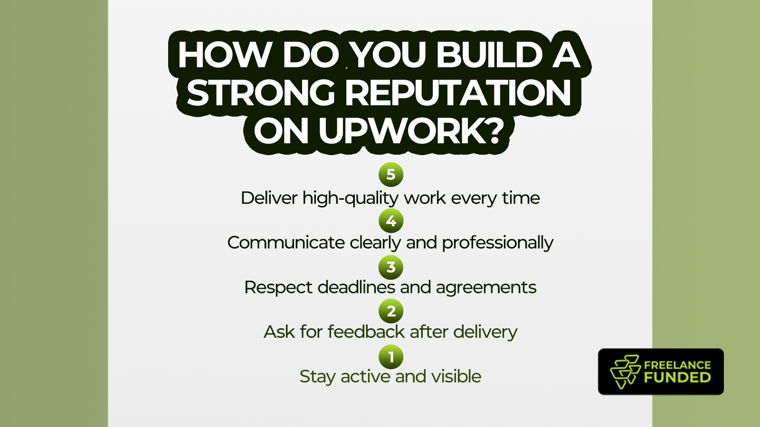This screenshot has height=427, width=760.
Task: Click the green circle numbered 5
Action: pyautogui.click(x=391, y=175)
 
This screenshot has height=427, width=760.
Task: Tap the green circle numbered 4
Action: pyautogui.click(x=391, y=221)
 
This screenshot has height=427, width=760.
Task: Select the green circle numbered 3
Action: pyautogui.click(x=391, y=267)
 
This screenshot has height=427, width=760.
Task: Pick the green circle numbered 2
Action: pyautogui.click(x=391, y=311)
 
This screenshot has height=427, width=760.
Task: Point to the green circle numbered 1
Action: pyautogui.click(x=391, y=357)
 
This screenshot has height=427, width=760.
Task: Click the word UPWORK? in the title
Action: pyautogui.click(x=411, y=131)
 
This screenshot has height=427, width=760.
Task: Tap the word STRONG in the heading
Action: pyautogui.click(x=261, y=93)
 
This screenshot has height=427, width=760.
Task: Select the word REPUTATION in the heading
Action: pyautogui.click(x=458, y=93)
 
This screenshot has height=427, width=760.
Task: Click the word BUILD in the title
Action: pyautogui.click(x=489, y=55)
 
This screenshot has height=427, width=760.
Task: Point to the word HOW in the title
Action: pyautogui.click(x=225, y=55)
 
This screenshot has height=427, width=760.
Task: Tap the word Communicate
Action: pyautogui.click(x=286, y=243)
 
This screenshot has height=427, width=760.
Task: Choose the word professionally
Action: pyautogui.click(x=498, y=243)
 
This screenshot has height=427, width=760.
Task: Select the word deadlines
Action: pyautogui.click(x=356, y=288)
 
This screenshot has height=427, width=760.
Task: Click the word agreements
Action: pyautogui.click(x=486, y=288)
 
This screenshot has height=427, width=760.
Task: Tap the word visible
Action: pyautogui.click(x=456, y=376)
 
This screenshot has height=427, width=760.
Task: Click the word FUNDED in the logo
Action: pyautogui.click(x=677, y=378)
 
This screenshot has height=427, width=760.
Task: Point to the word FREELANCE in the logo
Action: pyautogui.click(x=677, y=365)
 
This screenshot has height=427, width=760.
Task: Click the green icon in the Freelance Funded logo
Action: pyautogui.click(x=626, y=371)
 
